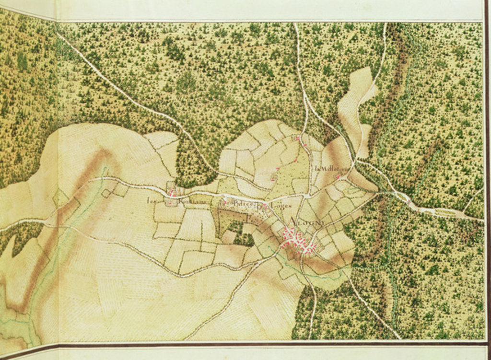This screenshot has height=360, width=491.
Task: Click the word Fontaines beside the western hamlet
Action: click(191, 204)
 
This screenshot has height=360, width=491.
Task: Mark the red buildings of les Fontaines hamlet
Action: click(172, 194)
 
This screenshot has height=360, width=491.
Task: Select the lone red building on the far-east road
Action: click(408, 202)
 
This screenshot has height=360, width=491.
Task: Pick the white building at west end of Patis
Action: click(224, 201)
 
